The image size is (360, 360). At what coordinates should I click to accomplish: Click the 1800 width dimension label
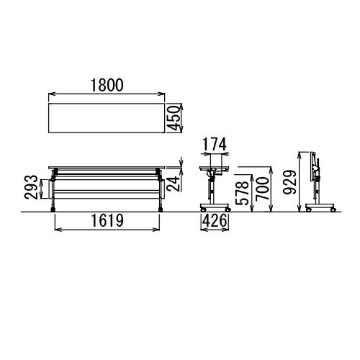pyautogui.click(x=107, y=85)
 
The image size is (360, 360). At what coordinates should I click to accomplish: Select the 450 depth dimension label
pyautogui.click(x=174, y=118)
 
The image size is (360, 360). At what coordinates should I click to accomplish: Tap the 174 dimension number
pyautogui.click(x=215, y=144)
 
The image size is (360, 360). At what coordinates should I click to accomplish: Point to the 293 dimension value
pyautogui.click(x=31, y=187)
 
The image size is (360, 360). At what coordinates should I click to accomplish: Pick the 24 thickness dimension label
pyautogui.click(x=174, y=184)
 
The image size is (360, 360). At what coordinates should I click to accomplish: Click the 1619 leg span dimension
pyautogui.click(x=107, y=220)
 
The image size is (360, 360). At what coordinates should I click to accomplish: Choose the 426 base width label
pyautogui.click(x=215, y=220)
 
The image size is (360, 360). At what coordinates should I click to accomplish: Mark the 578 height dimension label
pyautogui.click(x=242, y=193)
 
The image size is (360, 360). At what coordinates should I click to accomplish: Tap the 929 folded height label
pyautogui.click(x=289, y=182)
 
